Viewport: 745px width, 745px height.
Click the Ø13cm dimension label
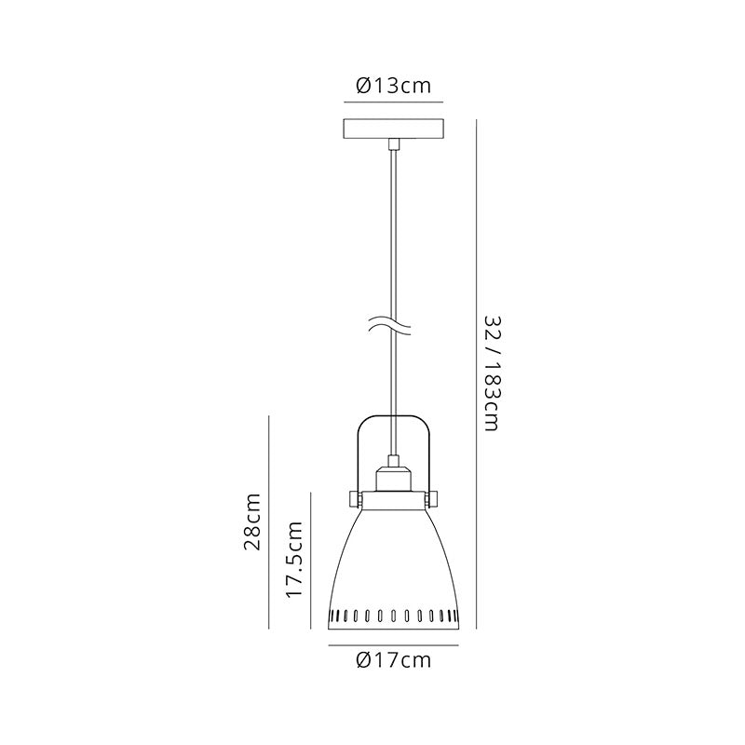coord(393,86)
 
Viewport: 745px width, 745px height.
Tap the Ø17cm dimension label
coord(393,660)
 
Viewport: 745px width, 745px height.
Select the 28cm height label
coord(252,521)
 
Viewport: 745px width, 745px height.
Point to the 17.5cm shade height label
coord(294,560)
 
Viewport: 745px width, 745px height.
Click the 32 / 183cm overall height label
coord(492,373)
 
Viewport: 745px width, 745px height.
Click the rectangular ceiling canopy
coord(393,129)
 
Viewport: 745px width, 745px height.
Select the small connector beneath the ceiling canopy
coord(393,143)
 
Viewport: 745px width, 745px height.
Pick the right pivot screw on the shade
coord(432,500)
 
